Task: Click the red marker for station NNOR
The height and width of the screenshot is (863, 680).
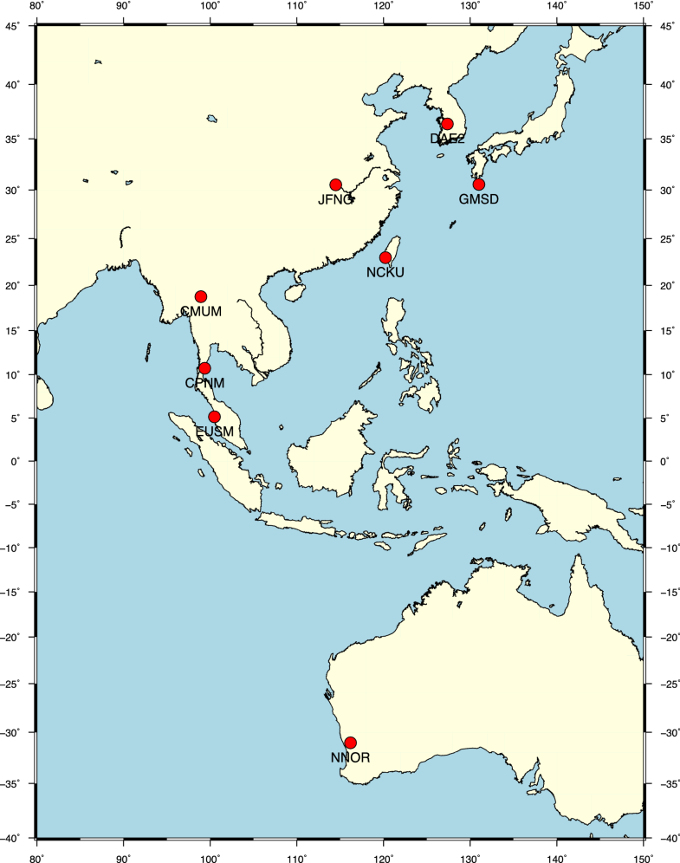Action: [351, 743]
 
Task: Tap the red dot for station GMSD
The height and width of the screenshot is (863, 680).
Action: [479, 185]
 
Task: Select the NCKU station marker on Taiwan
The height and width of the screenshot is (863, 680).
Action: [385, 258]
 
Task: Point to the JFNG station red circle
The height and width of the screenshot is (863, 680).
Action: [336, 185]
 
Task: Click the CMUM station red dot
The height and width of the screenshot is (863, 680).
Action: [201, 297]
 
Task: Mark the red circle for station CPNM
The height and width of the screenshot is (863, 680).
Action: [204, 369]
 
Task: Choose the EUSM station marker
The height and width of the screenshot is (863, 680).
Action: [215, 418]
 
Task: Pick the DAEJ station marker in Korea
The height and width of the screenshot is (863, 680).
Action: [447, 124]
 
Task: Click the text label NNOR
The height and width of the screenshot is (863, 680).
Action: [351, 758]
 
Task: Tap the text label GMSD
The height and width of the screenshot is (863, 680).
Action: [479, 199]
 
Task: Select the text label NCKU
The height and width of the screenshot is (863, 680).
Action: [385, 273]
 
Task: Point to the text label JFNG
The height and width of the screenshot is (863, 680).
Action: [335, 200]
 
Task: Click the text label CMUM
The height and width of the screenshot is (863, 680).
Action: [202, 312]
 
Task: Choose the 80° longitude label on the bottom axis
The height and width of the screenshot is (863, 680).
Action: [36, 855]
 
